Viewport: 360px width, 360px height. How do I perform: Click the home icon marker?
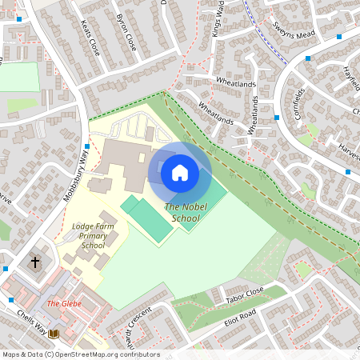click(x=180, y=173)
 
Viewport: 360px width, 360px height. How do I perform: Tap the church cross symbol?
click(x=34, y=262)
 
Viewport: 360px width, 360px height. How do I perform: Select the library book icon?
click(x=54, y=333)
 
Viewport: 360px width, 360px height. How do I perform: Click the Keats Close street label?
click(x=93, y=35)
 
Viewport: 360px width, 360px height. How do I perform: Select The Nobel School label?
click(x=182, y=213)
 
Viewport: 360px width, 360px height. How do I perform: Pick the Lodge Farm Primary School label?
click(x=89, y=236)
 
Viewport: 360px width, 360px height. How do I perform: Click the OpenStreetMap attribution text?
click(x=81, y=354)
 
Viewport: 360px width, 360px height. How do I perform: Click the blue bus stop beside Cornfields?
click(x=277, y=118)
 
